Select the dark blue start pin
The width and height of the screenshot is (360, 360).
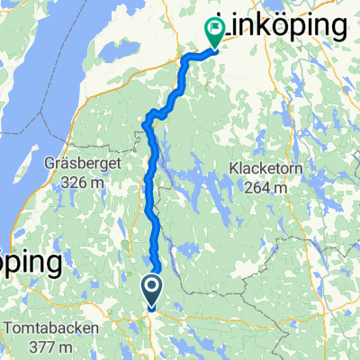tap(150, 291)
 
